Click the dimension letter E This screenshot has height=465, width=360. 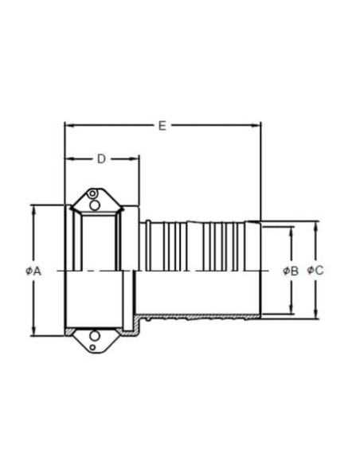pos(162,126)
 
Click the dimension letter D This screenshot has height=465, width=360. pos(101,159)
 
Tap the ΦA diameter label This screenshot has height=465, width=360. pos(33,271)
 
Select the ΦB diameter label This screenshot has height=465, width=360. pos(291,271)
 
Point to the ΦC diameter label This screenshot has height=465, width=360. pos(315,270)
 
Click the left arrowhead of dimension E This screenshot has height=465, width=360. pos(69,126)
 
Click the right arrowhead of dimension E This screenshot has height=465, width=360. pos(256,126)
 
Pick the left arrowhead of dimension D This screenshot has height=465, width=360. pos(69,159)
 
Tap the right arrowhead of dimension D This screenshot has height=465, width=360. pos(134,159)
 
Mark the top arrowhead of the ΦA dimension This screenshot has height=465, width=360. pos(33,210)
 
